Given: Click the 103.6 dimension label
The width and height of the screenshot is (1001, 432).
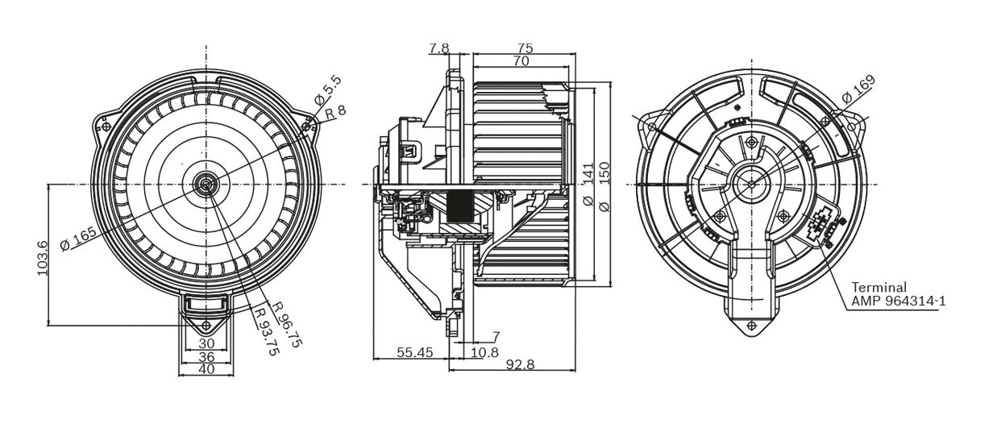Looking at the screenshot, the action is pos(42,258).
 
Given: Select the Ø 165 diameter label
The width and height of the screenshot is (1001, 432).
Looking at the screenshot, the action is pos(78,239).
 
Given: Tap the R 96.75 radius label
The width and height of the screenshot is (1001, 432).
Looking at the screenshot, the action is pos(288,325).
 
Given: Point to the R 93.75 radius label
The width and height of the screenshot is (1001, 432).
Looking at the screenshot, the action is pos(267,330).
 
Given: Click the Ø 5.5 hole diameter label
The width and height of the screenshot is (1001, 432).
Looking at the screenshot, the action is pos(327,91).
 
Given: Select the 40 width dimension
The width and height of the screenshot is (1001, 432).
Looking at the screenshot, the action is pos(206,369).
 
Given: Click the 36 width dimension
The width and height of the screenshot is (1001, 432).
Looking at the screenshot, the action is pos(206,356).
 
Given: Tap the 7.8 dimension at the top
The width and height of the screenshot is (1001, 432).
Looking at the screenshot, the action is pos(438,48).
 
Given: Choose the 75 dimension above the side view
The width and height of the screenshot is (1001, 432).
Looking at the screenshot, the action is pos(525,48).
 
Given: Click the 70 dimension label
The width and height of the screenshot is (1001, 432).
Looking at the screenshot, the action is pos(521,60).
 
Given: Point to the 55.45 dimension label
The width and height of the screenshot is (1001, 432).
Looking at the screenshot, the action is pos(415,352).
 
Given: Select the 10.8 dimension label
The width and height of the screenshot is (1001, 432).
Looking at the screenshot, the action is pos(485,352).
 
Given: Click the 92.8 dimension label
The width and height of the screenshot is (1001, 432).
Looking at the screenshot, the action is pos(520,365).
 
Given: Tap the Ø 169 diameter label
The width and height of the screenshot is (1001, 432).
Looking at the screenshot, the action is pos(858,89).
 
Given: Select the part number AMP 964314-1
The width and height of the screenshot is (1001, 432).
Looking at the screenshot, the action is pos(898,301).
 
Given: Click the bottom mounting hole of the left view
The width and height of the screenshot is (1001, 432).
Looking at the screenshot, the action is pos(206,326).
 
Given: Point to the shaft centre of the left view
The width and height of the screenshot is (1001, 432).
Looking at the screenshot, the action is pos(206,184).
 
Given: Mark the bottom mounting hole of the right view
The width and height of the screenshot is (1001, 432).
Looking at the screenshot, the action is pos(752,326).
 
